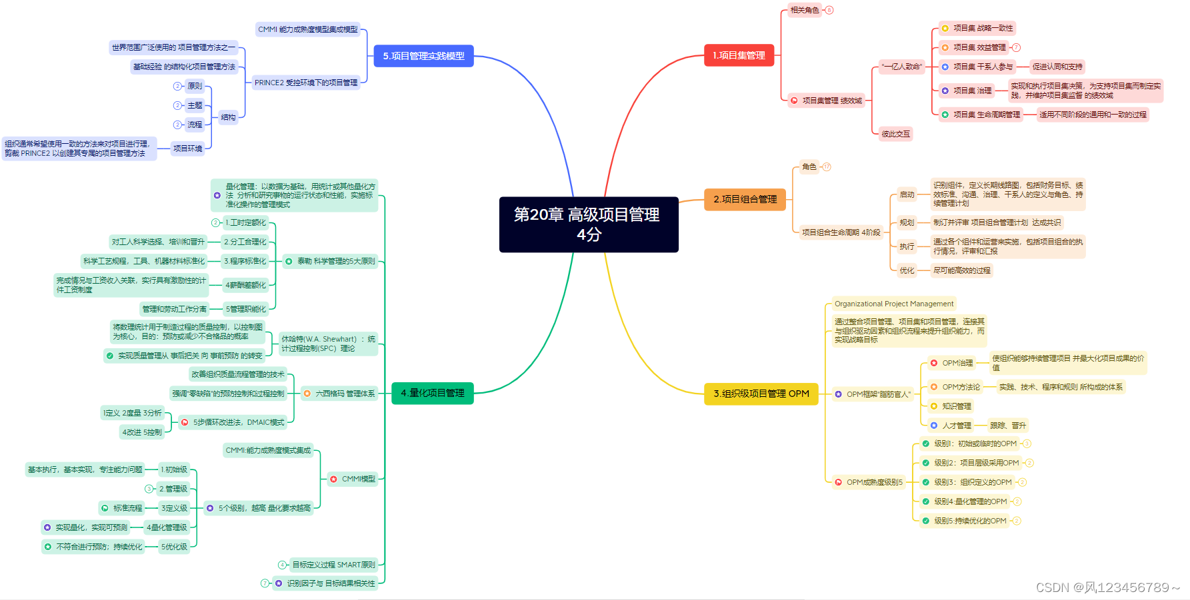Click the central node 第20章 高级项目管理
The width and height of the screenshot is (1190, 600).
coord(588,224)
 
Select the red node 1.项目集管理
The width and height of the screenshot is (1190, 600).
coord(739,55)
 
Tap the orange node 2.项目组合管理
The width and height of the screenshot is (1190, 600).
coord(745,199)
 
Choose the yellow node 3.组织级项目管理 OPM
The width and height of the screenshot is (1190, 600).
coord(761,394)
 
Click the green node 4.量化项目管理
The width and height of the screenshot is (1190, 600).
coord(432,393)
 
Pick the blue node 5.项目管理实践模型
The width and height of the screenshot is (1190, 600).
coord(423,56)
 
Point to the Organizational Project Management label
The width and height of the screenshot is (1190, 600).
coord(893,304)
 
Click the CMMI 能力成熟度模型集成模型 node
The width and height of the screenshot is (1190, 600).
coord(307,29)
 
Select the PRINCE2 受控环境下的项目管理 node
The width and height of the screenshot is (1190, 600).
coord(306,83)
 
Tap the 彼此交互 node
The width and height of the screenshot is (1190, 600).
coord(895,134)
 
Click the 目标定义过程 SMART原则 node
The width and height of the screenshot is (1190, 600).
coord(333,565)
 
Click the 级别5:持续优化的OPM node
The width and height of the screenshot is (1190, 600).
coord(969,521)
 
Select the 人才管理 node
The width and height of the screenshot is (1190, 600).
coord(956,426)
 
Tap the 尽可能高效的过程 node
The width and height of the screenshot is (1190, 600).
coord(961,270)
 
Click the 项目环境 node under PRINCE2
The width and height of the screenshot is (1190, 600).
coord(187,149)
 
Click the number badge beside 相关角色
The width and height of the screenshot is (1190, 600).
coord(829,10)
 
